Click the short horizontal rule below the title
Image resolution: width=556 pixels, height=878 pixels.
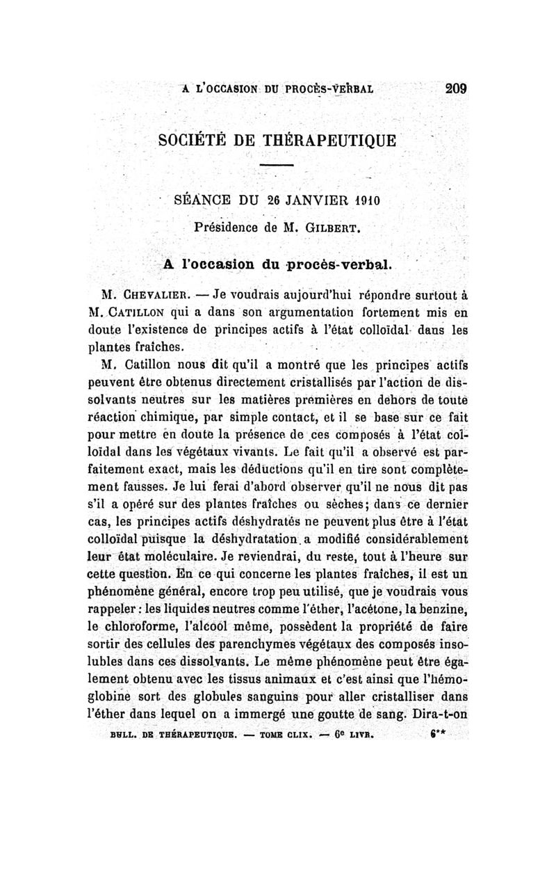277,164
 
